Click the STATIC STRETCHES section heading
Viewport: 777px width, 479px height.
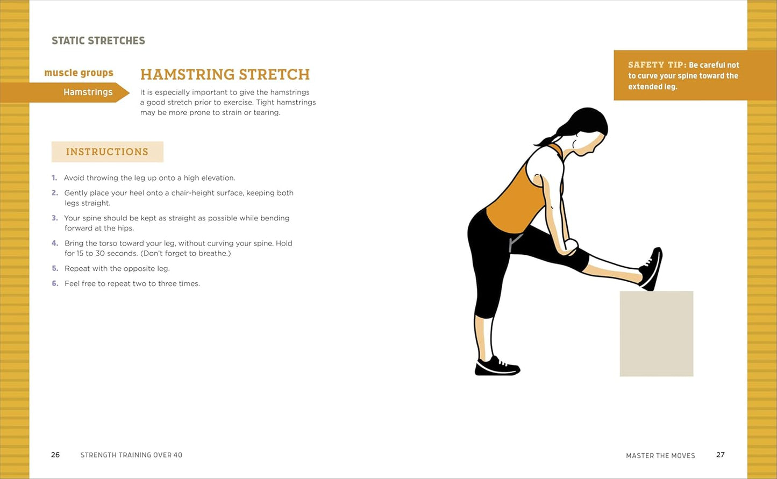pyautogui.click(x=98, y=41)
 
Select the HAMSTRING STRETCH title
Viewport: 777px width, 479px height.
pyautogui.click(x=225, y=74)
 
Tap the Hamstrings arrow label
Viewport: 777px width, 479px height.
pyautogui.click(x=88, y=92)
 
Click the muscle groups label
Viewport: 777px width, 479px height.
pyautogui.click(x=79, y=73)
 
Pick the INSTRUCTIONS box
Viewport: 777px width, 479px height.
pyautogui.click(x=107, y=152)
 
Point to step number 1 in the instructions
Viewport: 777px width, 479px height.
pyautogui.click(x=54, y=178)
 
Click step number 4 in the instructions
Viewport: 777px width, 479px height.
pyautogui.click(x=55, y=244)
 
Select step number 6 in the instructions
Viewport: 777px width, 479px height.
pyautogui.click(x=55, y=283)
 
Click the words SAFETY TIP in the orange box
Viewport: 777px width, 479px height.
pyautogui.click(x=656, y=65)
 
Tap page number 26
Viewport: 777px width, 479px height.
pyautogui.click(x=55, y=455)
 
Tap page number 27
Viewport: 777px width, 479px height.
pyautogui.click(x=721, y=455)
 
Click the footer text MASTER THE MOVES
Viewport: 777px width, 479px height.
pyautogui.click(x=660, y=455)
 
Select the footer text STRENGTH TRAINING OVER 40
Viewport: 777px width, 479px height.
pyautogui.click(x=131, y=455)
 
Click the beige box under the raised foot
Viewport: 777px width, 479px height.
pyautogui.click(x=656, y=333)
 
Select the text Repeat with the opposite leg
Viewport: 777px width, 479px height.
pyautogui.click(x=117, y=268)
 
